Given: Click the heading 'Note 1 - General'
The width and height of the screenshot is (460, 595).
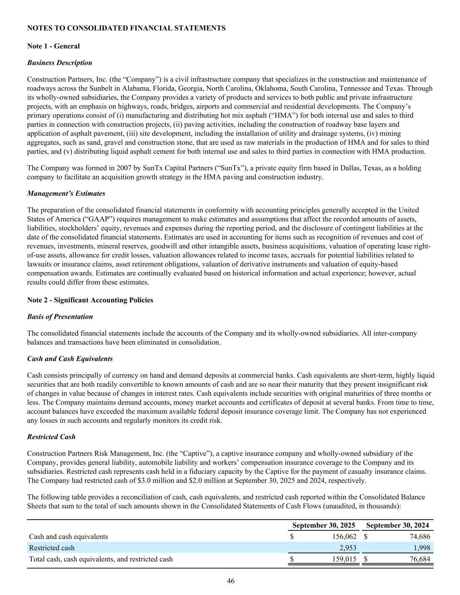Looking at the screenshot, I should click(53, 46).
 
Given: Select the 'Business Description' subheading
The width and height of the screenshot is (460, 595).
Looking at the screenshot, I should click(59, 62).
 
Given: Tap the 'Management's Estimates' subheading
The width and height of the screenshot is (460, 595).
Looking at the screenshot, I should click(66, 193).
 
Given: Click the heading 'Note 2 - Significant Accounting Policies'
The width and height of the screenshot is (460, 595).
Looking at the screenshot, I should click(90, 300).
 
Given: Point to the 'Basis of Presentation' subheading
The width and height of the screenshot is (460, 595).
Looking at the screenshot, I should click(60, 316).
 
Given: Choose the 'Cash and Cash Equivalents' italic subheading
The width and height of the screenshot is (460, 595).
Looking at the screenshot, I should click(70, 359).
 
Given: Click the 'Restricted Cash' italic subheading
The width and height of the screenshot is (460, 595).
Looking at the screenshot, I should click(51, 436).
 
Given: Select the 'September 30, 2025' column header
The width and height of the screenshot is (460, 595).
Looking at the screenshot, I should click(324, 525).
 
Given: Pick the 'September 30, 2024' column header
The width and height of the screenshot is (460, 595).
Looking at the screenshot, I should click(397, 525).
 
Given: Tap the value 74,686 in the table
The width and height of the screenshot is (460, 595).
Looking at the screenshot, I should click(420, 537).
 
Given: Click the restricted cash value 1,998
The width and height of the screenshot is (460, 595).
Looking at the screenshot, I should click(422, 548).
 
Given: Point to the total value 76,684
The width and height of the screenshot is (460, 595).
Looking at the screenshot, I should click(420, 559).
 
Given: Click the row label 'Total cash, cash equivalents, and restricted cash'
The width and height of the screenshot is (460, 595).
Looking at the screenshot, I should click(101, 559).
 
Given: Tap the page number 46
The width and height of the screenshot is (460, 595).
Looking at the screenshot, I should click(231, 581).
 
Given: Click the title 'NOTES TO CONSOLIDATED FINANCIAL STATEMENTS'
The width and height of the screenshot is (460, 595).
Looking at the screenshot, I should click(126, 28).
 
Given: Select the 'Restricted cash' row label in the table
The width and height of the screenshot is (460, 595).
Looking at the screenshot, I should click(51, 548).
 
